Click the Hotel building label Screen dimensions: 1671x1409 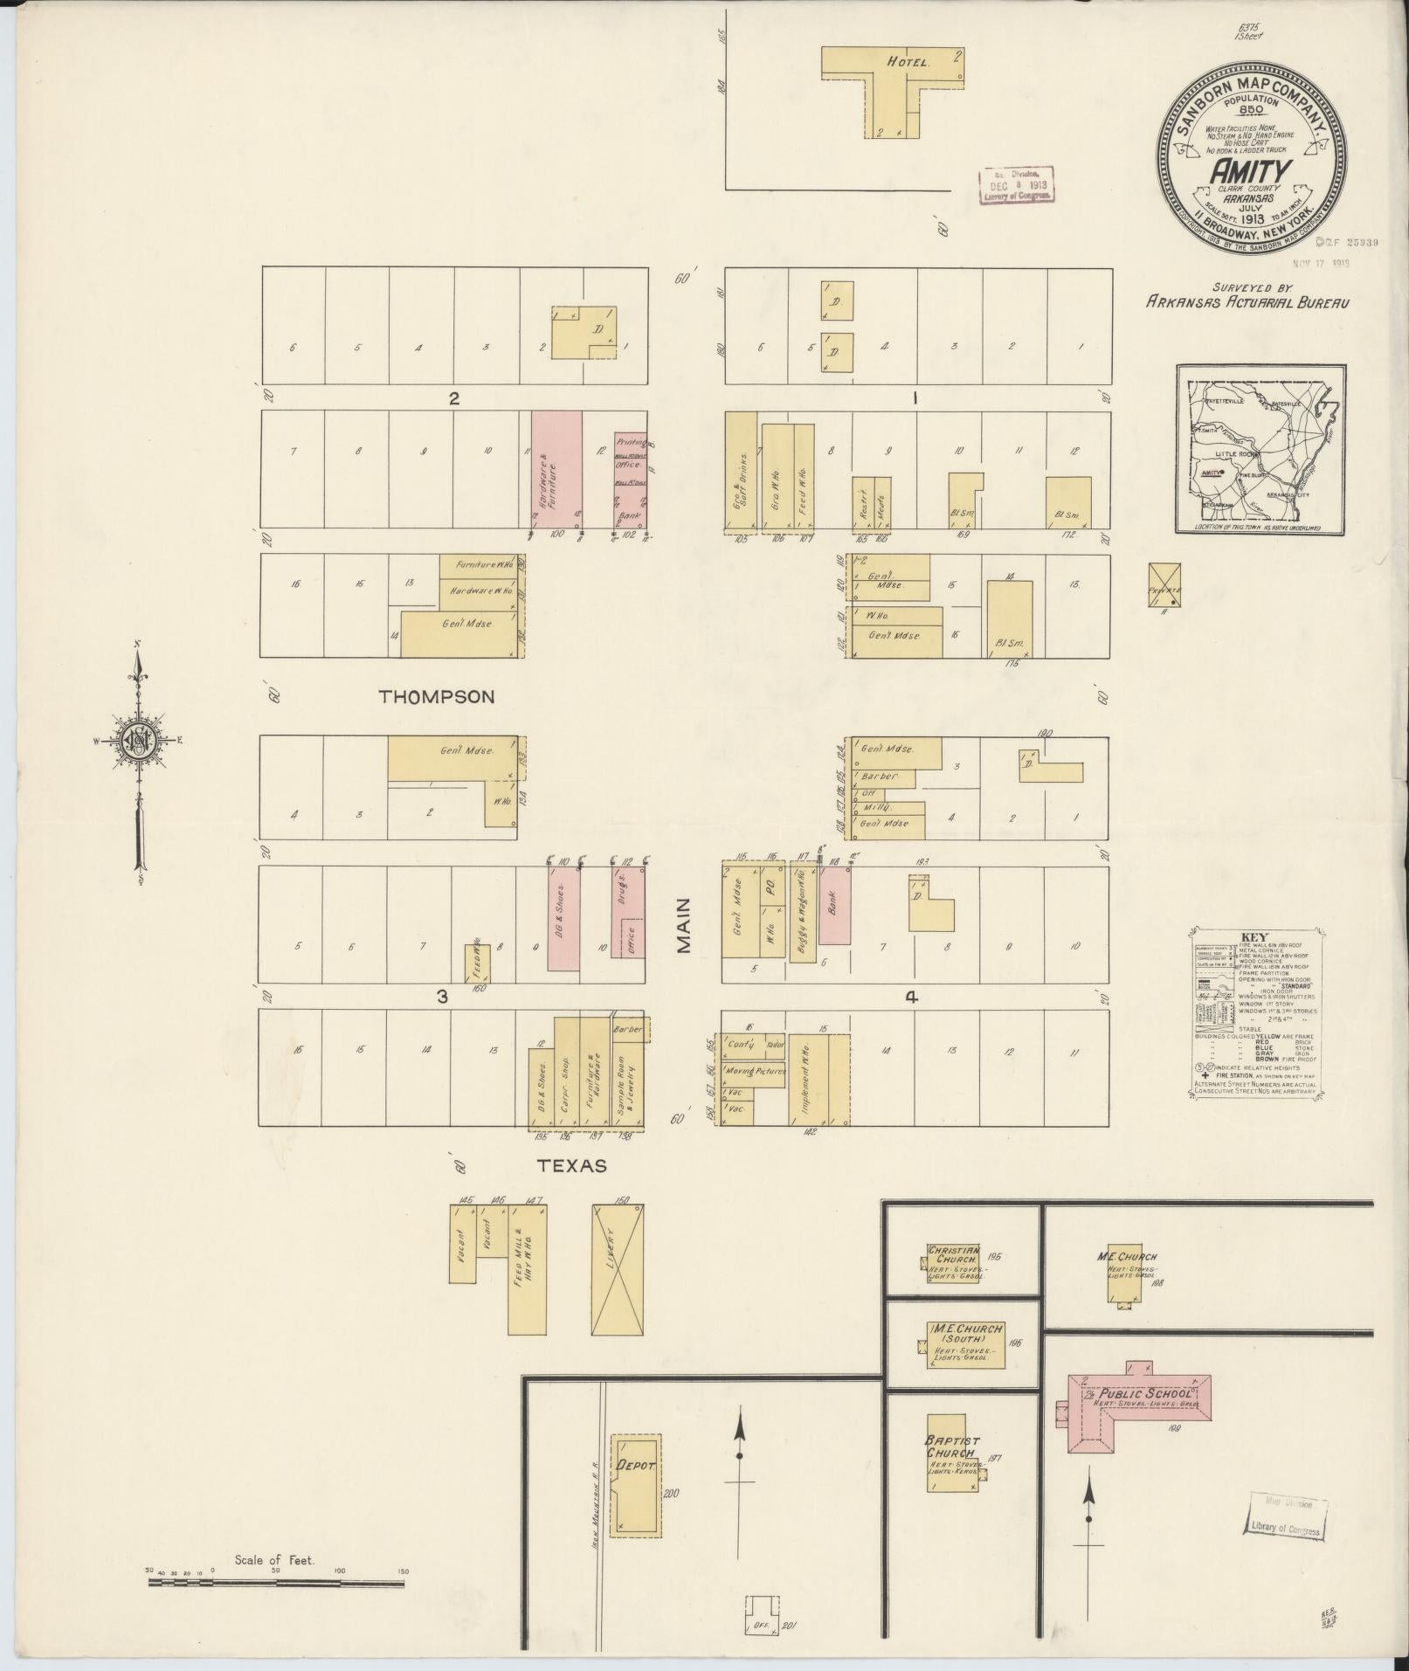tap(908, 63)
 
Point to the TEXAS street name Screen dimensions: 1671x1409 tap(572, 1165)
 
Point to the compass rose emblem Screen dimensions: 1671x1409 tap(137, 740)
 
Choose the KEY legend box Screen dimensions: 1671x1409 tap(1255, 1012)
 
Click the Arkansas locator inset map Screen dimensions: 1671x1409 tap(1260, 450)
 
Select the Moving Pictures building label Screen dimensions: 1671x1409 tap(754, 1070)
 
